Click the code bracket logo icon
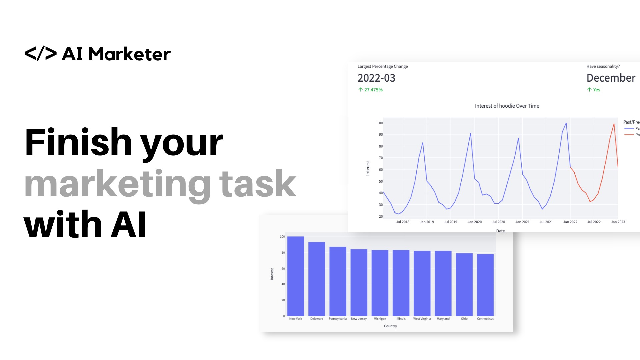41,54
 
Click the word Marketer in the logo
129,54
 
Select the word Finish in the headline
78,142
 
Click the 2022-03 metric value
376,78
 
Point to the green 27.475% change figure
373,90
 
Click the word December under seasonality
611,78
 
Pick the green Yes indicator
596,90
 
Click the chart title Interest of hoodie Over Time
507,106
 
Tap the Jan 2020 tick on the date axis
474,222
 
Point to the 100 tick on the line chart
380,123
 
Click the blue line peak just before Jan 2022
566,123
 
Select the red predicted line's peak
614,124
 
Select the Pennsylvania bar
338,281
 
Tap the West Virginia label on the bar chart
422,319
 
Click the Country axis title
390,326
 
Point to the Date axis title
500,231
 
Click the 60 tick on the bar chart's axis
283,269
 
